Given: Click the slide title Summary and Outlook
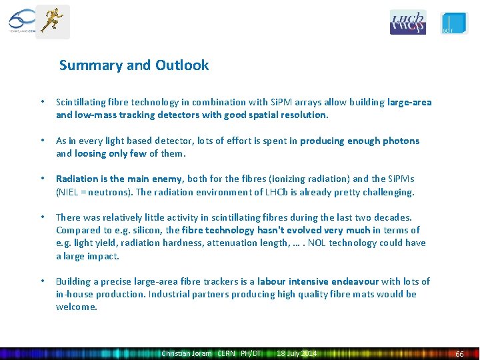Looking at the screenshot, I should pos(134,65).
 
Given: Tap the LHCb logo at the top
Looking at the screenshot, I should pos(407,22).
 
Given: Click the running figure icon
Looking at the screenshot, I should pos(52,21).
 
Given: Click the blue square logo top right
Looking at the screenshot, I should pos(455,23).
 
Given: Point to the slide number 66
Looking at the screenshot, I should pos(459,353).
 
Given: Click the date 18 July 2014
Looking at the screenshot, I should pos(297,353).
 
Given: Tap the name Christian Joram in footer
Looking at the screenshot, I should pos(187,353).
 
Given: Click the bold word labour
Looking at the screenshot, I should pos(273,281).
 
